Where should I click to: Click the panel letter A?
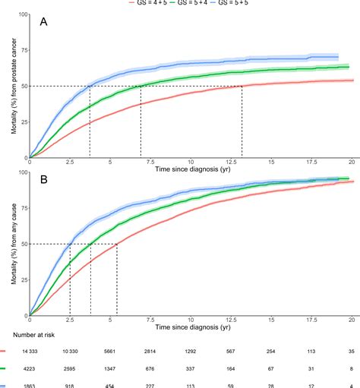45,24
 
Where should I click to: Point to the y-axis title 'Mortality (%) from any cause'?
14,244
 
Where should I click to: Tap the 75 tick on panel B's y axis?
21,208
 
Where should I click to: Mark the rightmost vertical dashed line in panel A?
242,121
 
